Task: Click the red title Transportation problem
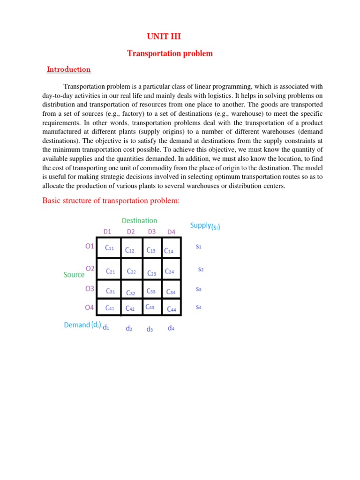[x=170, y=53]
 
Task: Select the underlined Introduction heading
[x=68, y=69]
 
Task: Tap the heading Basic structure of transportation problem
[x=112, y=201]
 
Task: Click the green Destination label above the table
[x=139, y=220]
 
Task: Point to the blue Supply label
[x=205, y=225]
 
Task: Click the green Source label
[x=74, y=275]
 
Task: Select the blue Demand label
[x=83, y=325]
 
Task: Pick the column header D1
[x=108, y=231]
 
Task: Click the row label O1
[x=90, y=246]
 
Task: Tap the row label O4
[x=90, y=307]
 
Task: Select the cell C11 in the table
[x=109, y=248]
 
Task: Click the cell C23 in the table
[x=152, y=273]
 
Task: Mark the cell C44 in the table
[x=172, y=309]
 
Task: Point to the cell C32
[x=131, y=293]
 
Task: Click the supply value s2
[x=201, y=270]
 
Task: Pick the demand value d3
[x=150, y=330]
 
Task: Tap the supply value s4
[x=199, y=307]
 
